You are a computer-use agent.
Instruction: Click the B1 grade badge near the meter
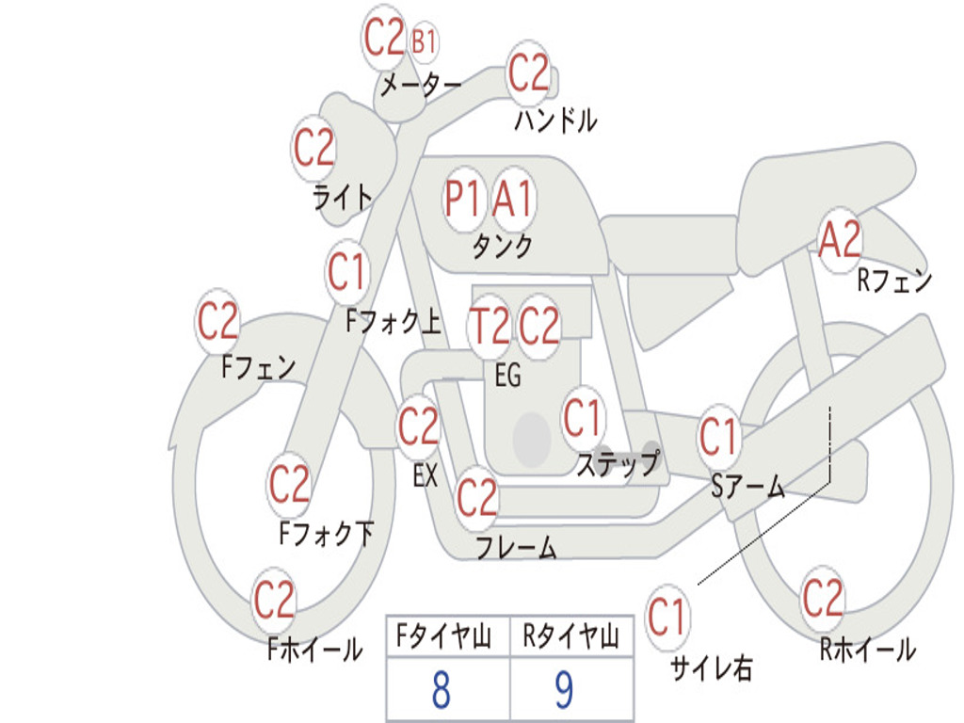[424, 41]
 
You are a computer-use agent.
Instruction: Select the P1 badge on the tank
[463, 200]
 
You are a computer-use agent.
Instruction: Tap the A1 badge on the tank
[513, 200]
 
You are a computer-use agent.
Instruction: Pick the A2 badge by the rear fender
[840, 241]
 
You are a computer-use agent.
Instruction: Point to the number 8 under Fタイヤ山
[441, 690]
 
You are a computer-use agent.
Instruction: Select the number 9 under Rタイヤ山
[564, 690]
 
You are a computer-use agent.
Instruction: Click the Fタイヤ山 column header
[444, 638]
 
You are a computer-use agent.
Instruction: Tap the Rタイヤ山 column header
[570, 638]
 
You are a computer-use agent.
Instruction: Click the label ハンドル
[555, 120]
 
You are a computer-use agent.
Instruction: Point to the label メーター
[421, 88]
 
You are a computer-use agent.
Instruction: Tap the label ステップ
[618, 464]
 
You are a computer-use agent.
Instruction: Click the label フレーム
[516, 547]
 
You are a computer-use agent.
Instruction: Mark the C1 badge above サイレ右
[667, 618]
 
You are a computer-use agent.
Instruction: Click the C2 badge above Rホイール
[822, 598]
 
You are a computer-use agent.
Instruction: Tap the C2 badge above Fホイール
[274, 600]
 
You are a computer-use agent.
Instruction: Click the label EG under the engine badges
[507, 376]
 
